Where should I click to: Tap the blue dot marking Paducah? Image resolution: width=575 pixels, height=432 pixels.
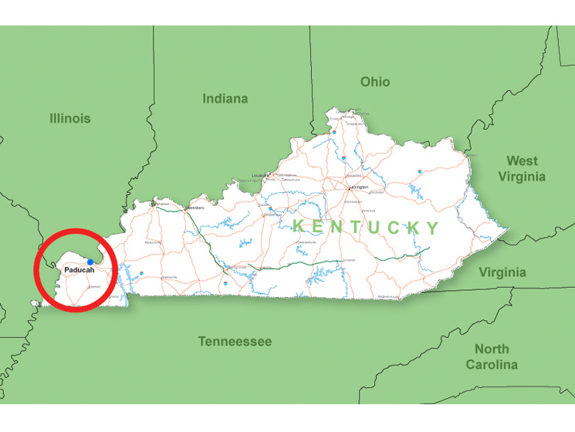[90, 262]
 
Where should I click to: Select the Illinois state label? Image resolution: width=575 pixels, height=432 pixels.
[70, 118]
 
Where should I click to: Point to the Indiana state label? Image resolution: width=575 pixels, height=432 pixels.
[225, 99]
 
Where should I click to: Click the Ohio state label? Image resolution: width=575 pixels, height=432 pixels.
[375, 82]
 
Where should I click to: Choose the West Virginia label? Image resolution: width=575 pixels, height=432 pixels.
[522, 168]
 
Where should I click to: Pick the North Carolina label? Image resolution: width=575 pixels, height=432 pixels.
[492, 356]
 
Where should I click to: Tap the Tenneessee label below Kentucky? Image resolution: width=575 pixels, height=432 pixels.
[235, 341]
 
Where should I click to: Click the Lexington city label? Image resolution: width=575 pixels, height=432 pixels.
[358, 187]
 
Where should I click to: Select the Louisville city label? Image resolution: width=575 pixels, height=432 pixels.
[261, 175]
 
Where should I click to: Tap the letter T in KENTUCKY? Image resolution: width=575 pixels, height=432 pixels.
[356, 227]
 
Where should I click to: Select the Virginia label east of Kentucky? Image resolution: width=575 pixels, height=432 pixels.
[502, 272]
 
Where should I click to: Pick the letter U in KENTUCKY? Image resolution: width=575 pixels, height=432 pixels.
[375, 227]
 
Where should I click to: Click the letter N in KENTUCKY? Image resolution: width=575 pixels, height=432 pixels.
[337, 226]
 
